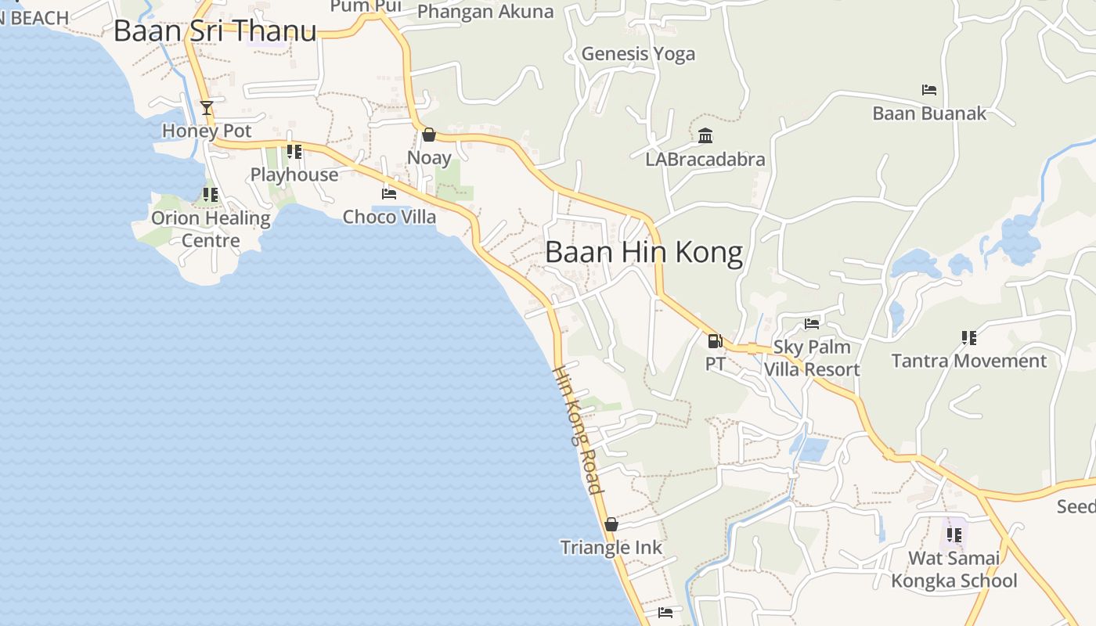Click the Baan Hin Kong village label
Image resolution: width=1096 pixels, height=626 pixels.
644,253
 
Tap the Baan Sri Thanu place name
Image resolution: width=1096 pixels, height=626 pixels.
215,31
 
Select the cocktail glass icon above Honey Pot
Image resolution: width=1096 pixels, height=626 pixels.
207,107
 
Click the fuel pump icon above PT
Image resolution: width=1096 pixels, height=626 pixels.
715,340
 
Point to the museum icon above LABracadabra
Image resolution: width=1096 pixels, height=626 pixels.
705,136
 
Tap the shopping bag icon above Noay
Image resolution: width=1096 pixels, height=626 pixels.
428,135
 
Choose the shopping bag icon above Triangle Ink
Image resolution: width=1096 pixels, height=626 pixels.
611,524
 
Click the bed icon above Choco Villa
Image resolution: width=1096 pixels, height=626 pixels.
389,194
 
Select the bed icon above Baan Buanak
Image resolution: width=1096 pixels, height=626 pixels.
929,90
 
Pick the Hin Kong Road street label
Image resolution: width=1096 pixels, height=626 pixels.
579,430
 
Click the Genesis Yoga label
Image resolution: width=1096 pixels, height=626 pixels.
638,54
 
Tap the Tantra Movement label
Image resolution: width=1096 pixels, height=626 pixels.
968,361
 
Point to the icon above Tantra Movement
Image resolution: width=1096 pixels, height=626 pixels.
969,338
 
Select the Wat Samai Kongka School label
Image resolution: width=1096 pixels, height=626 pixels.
954,570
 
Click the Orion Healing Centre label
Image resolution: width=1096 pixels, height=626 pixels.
211,228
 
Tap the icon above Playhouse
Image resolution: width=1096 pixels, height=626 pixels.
294,152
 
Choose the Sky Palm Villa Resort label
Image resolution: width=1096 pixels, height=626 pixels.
812,358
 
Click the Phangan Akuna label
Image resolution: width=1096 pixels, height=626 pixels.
485,12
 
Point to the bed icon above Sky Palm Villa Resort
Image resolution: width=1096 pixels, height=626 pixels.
812,323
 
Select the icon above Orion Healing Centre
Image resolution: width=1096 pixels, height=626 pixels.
211,194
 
